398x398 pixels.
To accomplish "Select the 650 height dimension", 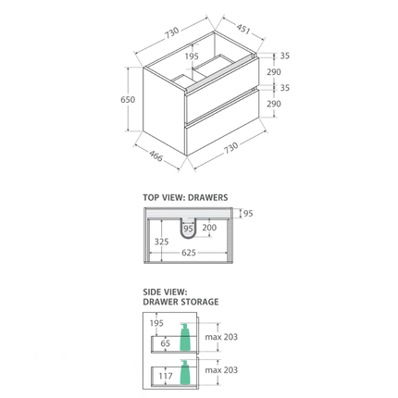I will coord(128,100).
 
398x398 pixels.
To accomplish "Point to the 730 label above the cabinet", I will coord(172,33).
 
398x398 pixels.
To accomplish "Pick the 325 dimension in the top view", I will coord(162,240).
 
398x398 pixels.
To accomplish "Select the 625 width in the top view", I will coord(188,252).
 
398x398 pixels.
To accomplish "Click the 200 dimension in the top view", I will coord(209,228).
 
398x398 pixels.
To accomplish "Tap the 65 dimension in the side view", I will coord(166,343).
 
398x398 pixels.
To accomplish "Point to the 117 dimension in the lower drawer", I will coord(167,376).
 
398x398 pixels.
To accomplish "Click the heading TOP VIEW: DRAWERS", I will coord(185,197).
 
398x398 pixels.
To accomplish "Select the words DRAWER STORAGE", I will coord(180,302).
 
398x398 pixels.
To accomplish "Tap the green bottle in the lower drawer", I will coord(185,373).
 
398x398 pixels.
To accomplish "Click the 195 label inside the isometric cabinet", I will coord(192,56).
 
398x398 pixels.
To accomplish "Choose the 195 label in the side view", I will coord(156,323).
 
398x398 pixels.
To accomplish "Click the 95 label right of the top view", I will coord(247,214).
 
